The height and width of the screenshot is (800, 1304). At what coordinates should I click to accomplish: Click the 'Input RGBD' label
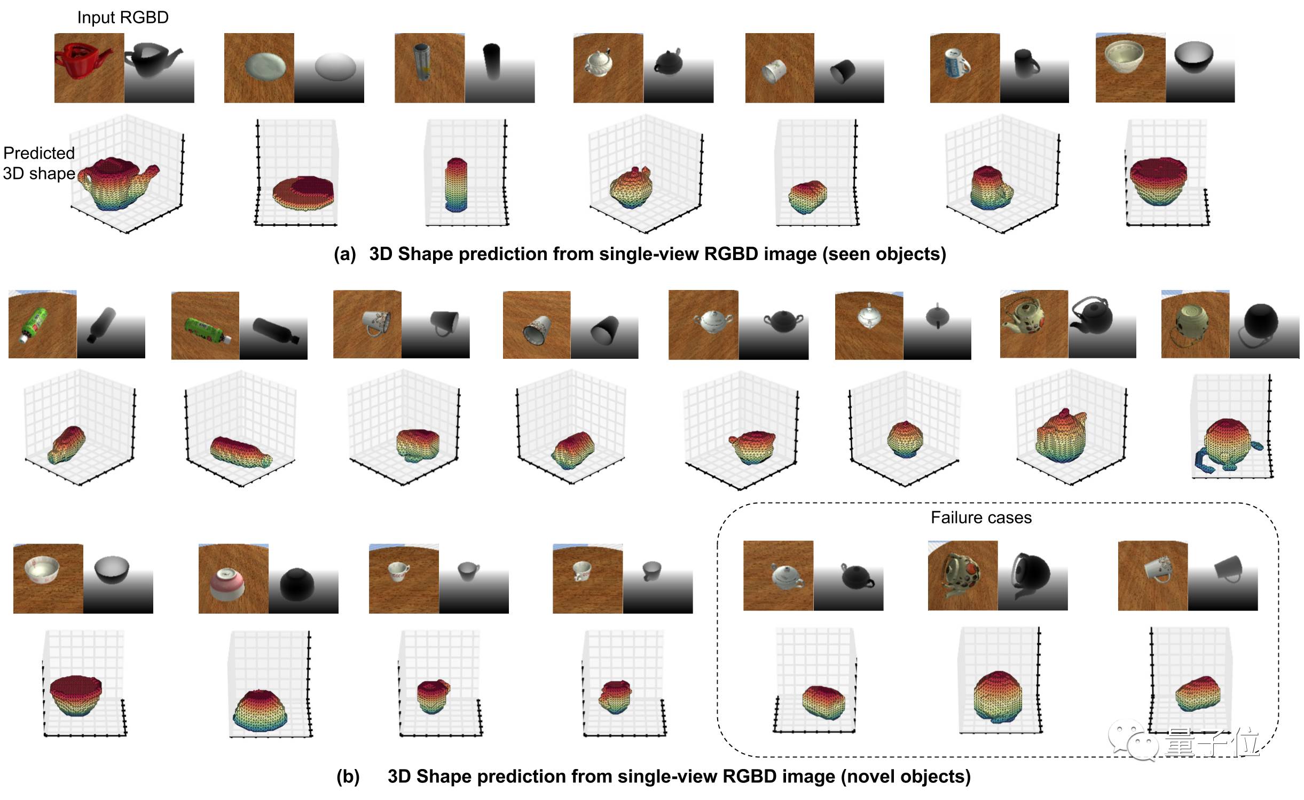click(x=123, y=18)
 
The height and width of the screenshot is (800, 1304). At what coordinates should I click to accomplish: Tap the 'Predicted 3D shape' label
click(x=39, y=163)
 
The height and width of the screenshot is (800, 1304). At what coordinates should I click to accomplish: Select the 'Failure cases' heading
click(x=981, y=517)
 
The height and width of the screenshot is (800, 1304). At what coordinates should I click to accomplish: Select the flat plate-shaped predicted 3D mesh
click(x=303, y=192)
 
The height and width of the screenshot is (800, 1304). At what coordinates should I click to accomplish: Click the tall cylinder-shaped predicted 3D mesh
click(x=455, y=184)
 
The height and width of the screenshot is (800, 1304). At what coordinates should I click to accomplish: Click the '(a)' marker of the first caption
click(x=344, y=254)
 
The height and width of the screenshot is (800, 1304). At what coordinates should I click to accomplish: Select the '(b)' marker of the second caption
click(x=348, y=776)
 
